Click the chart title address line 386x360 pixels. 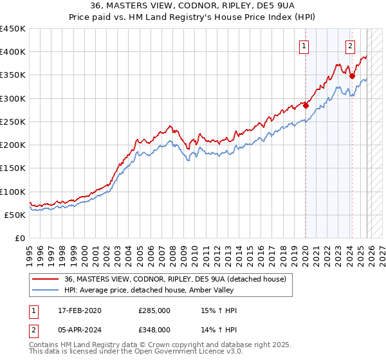click(192, 6)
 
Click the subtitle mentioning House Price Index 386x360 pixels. click(192, 17)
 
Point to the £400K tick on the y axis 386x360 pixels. click(13, 52)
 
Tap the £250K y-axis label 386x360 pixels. click(13, 122)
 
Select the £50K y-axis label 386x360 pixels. click(15, 215)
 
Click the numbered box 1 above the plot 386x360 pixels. click(303, 45)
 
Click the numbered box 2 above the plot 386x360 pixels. click(350, 45)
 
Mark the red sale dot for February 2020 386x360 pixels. click(306, 106)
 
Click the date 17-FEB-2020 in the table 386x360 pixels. click(78, 310)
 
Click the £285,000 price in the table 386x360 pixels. click(154, 310)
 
